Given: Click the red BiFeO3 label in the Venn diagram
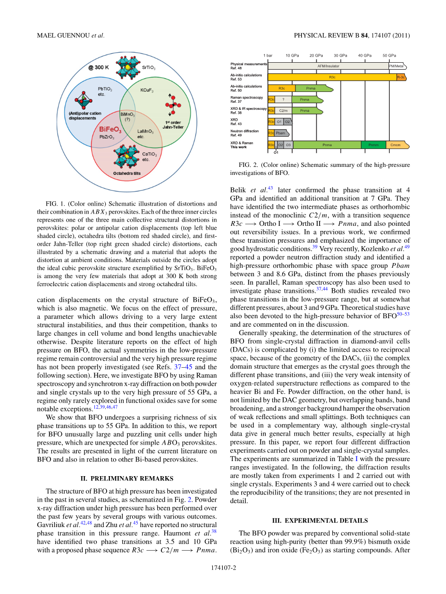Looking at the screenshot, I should click(110, 129).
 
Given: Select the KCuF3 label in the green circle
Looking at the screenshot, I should click(147, 90).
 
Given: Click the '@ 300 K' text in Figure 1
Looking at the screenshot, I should click(98, 67).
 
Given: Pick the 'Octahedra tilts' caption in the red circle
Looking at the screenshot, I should click(126, 173).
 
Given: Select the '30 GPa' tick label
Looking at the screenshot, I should click(340, 55).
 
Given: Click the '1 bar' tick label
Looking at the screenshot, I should click(268, 55).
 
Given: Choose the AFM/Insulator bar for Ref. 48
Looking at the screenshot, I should click(328, 66).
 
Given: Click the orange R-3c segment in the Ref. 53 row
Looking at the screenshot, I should click(401, 77).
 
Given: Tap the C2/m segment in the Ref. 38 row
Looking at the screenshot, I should click(283, 111).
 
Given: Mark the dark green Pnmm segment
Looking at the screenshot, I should click(373, 145).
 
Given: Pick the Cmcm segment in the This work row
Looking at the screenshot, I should click(396, 145).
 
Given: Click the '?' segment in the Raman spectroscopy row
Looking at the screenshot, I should click(283, 99).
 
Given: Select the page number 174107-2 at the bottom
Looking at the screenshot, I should click(223, 568).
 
